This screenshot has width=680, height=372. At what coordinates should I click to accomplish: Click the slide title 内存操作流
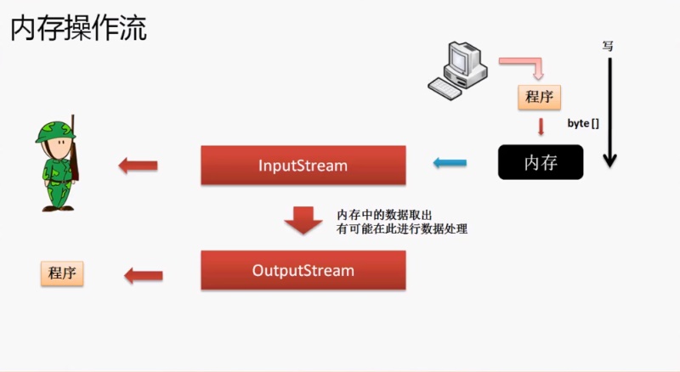coord(78,28)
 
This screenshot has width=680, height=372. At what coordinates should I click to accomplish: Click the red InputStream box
coord(303,166)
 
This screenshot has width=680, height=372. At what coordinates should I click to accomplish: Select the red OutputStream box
coord(303,271)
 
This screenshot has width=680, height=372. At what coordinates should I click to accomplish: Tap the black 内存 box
coord(541,162)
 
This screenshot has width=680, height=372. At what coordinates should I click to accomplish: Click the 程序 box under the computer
coord(540,97)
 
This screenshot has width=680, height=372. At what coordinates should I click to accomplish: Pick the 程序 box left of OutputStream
coord(62,273)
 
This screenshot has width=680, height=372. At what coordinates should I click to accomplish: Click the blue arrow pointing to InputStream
coord(450,162)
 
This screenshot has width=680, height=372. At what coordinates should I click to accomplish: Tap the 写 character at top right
coord(608,46)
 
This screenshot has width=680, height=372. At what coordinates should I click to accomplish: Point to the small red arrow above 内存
coord(540,127)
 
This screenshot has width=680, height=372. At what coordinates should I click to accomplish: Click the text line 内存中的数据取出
coord(378,214)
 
